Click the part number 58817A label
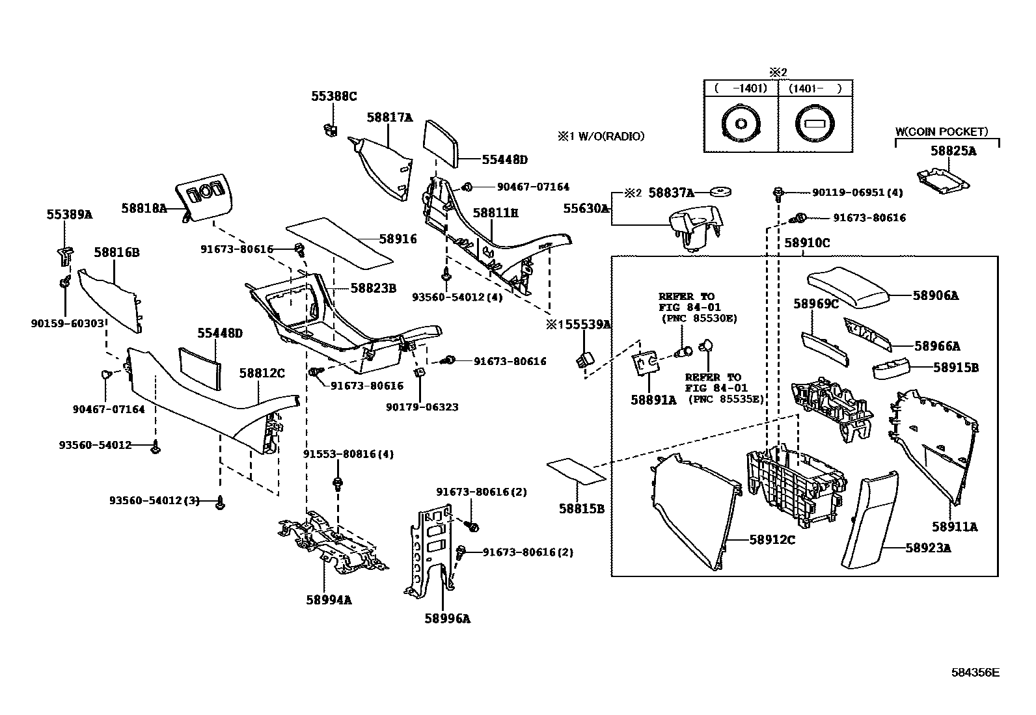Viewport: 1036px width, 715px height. pyautogui.click(x=389, y=118)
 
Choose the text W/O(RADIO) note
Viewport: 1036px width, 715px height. pyautogui.click(x=599, y=136)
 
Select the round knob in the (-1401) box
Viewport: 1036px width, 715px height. pyautogui.click(x=741, y=124)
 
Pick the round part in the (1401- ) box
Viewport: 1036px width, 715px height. pyautogui.click(x=815, y=124)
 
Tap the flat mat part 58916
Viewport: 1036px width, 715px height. pyautogui.click(x=340, y=241)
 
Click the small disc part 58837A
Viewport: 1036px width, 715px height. pyautogui.click(x=720, y=192)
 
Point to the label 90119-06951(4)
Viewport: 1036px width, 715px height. pyautogui.click(x=857, y=193)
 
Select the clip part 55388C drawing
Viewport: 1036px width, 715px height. pyautogui.click(x=331, y=129)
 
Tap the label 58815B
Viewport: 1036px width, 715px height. pyautogui.click(x=581, y=509)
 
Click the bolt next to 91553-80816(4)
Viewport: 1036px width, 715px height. pyautogui.click(x=338, y=483)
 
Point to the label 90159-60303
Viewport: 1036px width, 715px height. pyautogui.click(x=68, y=322)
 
